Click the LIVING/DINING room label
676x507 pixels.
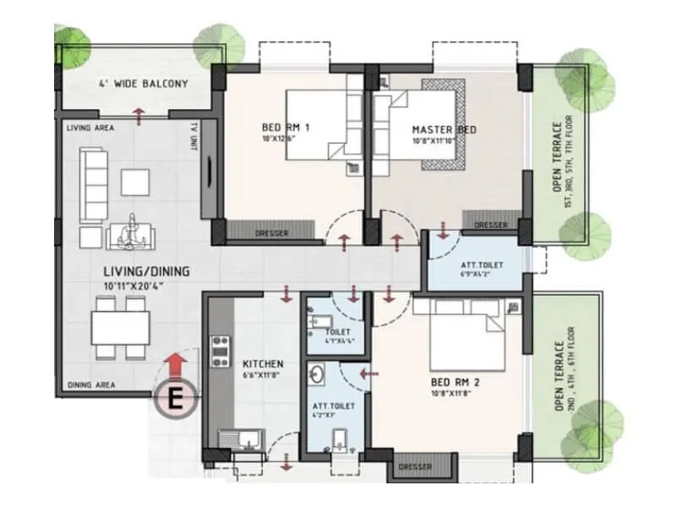pyautogui.click(x=142, y=271)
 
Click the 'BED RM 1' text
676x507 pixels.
pyautogui.click(x=286, y=128)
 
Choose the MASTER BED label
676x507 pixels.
pyautogui.click(x=444, y=129)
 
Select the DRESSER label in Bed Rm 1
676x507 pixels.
pyautogui.click(x=271, y=233)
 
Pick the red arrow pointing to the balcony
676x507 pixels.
pyautogui.click(x=138, y=114)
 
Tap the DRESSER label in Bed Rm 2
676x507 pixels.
pyautogui.click(x=414, y=466)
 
